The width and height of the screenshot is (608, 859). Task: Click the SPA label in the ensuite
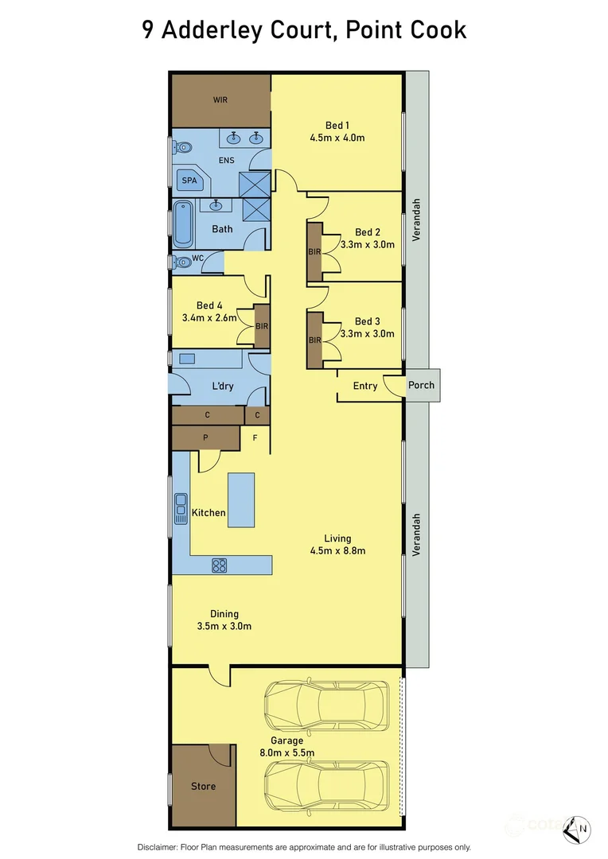point(189,181)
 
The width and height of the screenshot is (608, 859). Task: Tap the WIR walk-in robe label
point(220,100)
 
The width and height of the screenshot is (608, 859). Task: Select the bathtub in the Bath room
point(183,223)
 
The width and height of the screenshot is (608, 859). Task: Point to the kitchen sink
point(181,508)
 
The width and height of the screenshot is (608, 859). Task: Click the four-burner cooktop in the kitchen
point(219,566)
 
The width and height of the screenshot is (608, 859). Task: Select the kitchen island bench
point(241,499)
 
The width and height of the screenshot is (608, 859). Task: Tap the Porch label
point(421,385)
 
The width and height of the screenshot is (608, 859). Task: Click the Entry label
point(365,386)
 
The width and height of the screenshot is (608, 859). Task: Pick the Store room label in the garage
point(203,787)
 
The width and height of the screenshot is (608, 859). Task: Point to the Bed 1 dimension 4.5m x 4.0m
point(337,138)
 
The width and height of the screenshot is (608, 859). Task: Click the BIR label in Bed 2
point(314,252)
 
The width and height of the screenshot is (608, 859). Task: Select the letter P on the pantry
point(206,437)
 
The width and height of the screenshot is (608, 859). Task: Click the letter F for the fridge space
point(255,437)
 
